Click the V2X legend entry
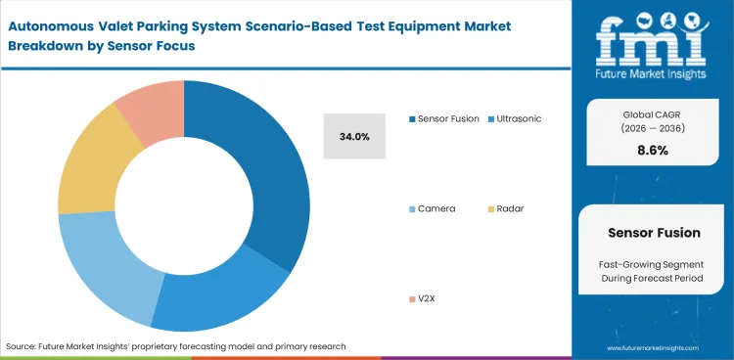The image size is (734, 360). [x=428, y=297]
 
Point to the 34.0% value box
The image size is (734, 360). [x=354, y=137]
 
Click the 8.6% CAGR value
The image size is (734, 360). [x=652, y=151]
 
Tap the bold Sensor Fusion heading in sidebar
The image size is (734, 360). [x=653, y=234]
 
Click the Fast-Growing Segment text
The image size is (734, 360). [x=653, y=265]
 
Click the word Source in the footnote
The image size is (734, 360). [x=21, y=346]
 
